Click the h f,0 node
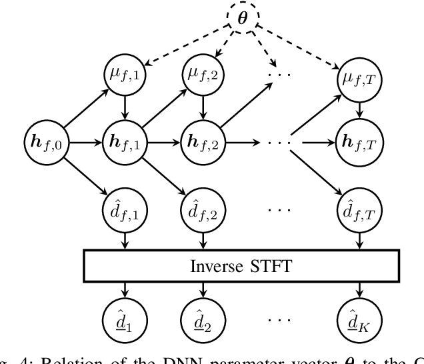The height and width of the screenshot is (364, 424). click(46, 142)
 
